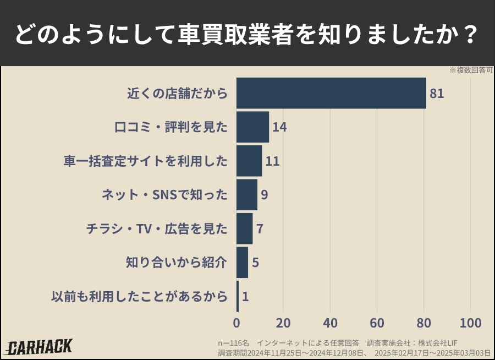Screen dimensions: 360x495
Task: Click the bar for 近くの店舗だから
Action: (x=331, y=93)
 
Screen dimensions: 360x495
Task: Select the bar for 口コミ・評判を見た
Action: (x=252, y=127)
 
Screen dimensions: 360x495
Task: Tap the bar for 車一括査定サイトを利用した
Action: (x=249, y=161)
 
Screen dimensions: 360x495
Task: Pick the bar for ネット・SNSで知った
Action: (x=247, y=195)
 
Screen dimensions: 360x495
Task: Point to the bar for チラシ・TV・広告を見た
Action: (x=244, y=228)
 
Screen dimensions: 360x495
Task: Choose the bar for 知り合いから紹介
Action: (x=242, y=263)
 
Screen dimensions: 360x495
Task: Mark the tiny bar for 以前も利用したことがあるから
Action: (x=238, y=296)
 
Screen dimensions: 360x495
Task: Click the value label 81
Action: (x=437, y=94)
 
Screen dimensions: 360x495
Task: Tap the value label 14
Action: (x=279, y=127)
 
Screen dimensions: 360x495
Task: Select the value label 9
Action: (x=265, y=195)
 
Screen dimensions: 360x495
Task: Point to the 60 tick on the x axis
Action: (x=377, y=323)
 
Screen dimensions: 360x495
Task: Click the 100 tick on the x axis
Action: (x=470, y=323)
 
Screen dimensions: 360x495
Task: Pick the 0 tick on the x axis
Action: (x=237, y=323)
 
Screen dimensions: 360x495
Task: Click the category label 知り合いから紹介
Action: (x=176, y=263)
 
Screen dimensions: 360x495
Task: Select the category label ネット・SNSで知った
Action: (x=164, y=195)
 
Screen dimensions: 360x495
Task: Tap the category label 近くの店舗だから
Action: (x=177, y=94)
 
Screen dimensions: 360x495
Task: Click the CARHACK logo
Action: (x=39, y=347)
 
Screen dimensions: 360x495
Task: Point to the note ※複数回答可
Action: (x=471, y=70)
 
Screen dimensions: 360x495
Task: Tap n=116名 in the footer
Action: (x=234, y=342)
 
